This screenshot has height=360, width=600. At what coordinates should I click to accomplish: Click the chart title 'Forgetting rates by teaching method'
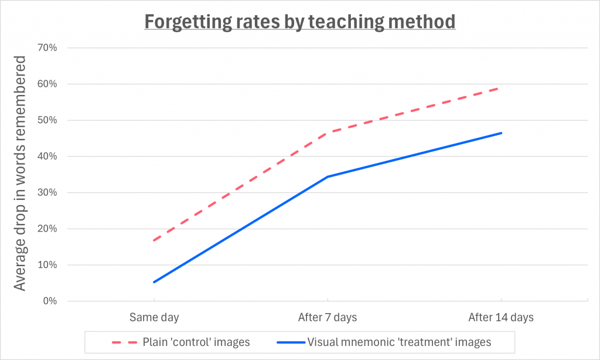299,22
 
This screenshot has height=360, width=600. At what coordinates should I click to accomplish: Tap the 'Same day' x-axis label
154,318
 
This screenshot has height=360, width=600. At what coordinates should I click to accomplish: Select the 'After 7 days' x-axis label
328,318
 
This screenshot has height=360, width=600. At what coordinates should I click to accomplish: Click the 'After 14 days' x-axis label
501,318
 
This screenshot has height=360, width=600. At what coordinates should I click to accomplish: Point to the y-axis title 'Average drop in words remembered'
21,174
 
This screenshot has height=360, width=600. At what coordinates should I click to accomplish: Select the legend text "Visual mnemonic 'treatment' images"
399,342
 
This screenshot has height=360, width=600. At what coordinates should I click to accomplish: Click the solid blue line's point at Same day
154,282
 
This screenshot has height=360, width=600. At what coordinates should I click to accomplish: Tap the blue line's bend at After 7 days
328,176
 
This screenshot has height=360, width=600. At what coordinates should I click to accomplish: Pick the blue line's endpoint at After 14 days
501,133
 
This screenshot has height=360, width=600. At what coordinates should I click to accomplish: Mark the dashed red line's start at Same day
154,240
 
